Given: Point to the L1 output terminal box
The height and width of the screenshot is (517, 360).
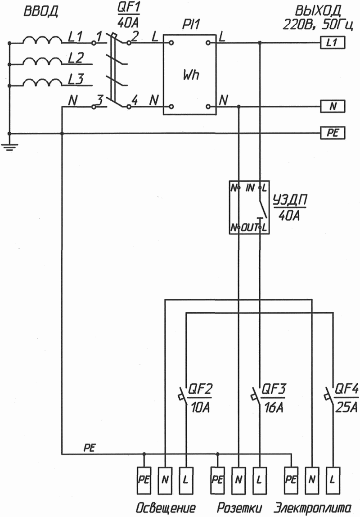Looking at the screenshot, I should tap(332, 43).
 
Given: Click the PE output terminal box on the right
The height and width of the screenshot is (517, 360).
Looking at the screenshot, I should tap(332, 133).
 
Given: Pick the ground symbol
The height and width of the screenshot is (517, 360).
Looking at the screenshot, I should tap(9, 144).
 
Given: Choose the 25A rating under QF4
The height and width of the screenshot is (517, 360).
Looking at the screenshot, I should tap(346, 409).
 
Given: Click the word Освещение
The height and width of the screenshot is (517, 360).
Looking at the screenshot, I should tap(166, 508).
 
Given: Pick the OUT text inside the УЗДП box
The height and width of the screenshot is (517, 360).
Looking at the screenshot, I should tap(249, 228).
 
